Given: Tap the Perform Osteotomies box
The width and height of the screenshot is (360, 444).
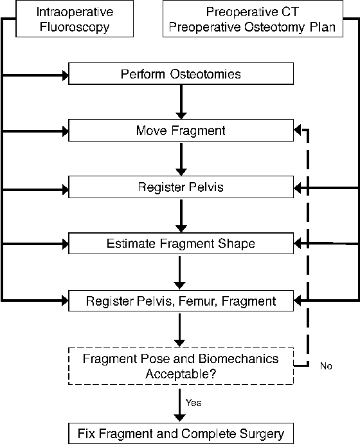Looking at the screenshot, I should (x=181, y=74).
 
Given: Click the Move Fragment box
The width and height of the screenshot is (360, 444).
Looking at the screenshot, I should (x=181, y=131).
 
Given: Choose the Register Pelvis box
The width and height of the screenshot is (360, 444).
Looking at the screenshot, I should (x=181, y=188).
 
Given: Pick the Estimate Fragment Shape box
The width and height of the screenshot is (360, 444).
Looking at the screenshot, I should (x=181, y=244).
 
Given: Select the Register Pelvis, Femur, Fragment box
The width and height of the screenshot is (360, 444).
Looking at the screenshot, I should (x=181, y=301).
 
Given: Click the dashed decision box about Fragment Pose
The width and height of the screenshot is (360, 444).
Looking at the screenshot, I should (x=181, y=365).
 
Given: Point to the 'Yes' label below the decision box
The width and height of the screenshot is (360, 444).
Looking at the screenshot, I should (x=194, y=402).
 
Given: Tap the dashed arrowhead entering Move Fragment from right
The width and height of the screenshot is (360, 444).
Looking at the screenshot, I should (x=298, y=131).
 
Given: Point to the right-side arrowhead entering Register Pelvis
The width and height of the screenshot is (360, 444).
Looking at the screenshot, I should (x=298, y=188).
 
